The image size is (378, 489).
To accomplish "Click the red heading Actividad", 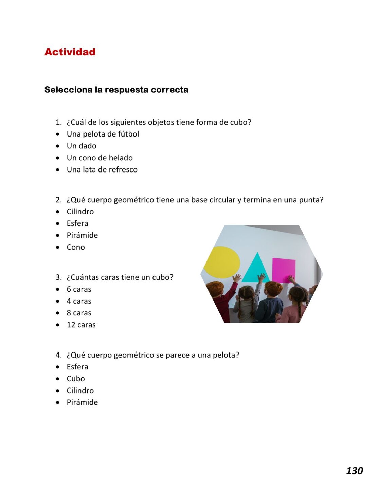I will click(x=70, y=52).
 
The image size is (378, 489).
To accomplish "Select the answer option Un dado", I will click(x=82, y=146).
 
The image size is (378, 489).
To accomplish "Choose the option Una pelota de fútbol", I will click(x=103, y=134).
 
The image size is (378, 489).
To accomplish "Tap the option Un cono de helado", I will click(x=100, y=158).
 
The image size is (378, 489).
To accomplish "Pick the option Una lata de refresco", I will click(x=102, y=170).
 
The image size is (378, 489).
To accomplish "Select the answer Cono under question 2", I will click(x=75, y=247).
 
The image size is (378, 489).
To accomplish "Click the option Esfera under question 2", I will click(x=77, y=223).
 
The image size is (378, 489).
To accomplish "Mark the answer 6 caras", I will click(x=79, y=289).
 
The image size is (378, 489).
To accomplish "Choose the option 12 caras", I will click(x=81, y=325).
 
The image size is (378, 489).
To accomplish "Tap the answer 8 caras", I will click(x=79, y=313).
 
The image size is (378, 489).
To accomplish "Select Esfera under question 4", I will click(x=77, y=367).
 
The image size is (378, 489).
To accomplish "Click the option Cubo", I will click(x=75, y=379).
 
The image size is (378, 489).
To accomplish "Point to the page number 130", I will click(x=354, y=471).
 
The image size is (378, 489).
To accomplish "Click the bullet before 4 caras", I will click(x=58, y=301).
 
